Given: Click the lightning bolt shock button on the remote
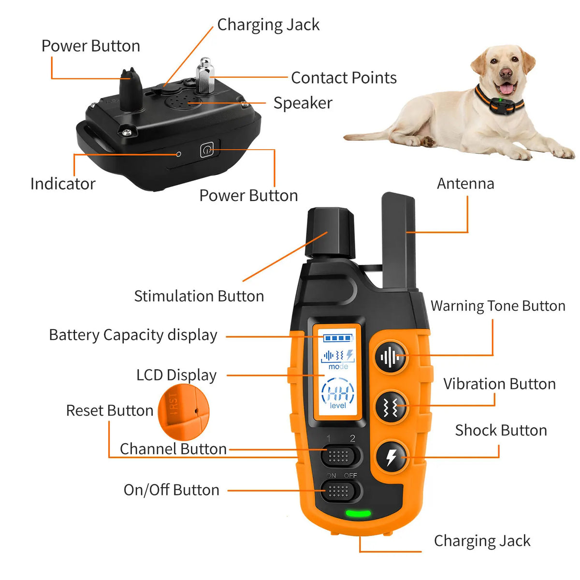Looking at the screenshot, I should click(391, 456).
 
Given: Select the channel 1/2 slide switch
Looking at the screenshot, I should click(341, 455).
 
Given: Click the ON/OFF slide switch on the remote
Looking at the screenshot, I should click(341, 492).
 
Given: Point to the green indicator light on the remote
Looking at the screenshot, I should click(358, 514).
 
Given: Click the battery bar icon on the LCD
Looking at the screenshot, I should click(336, 338).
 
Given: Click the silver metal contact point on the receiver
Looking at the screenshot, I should click(205, 75).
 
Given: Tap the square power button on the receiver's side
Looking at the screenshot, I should click(207, 150).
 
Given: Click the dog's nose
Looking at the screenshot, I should click(506, 73).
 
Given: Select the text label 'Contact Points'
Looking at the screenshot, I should click(344, 78).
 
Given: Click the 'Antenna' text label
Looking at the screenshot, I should click(465, 184).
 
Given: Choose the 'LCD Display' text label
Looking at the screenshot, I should click(176, 375).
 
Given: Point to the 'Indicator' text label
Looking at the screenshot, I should click(63, 184).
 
